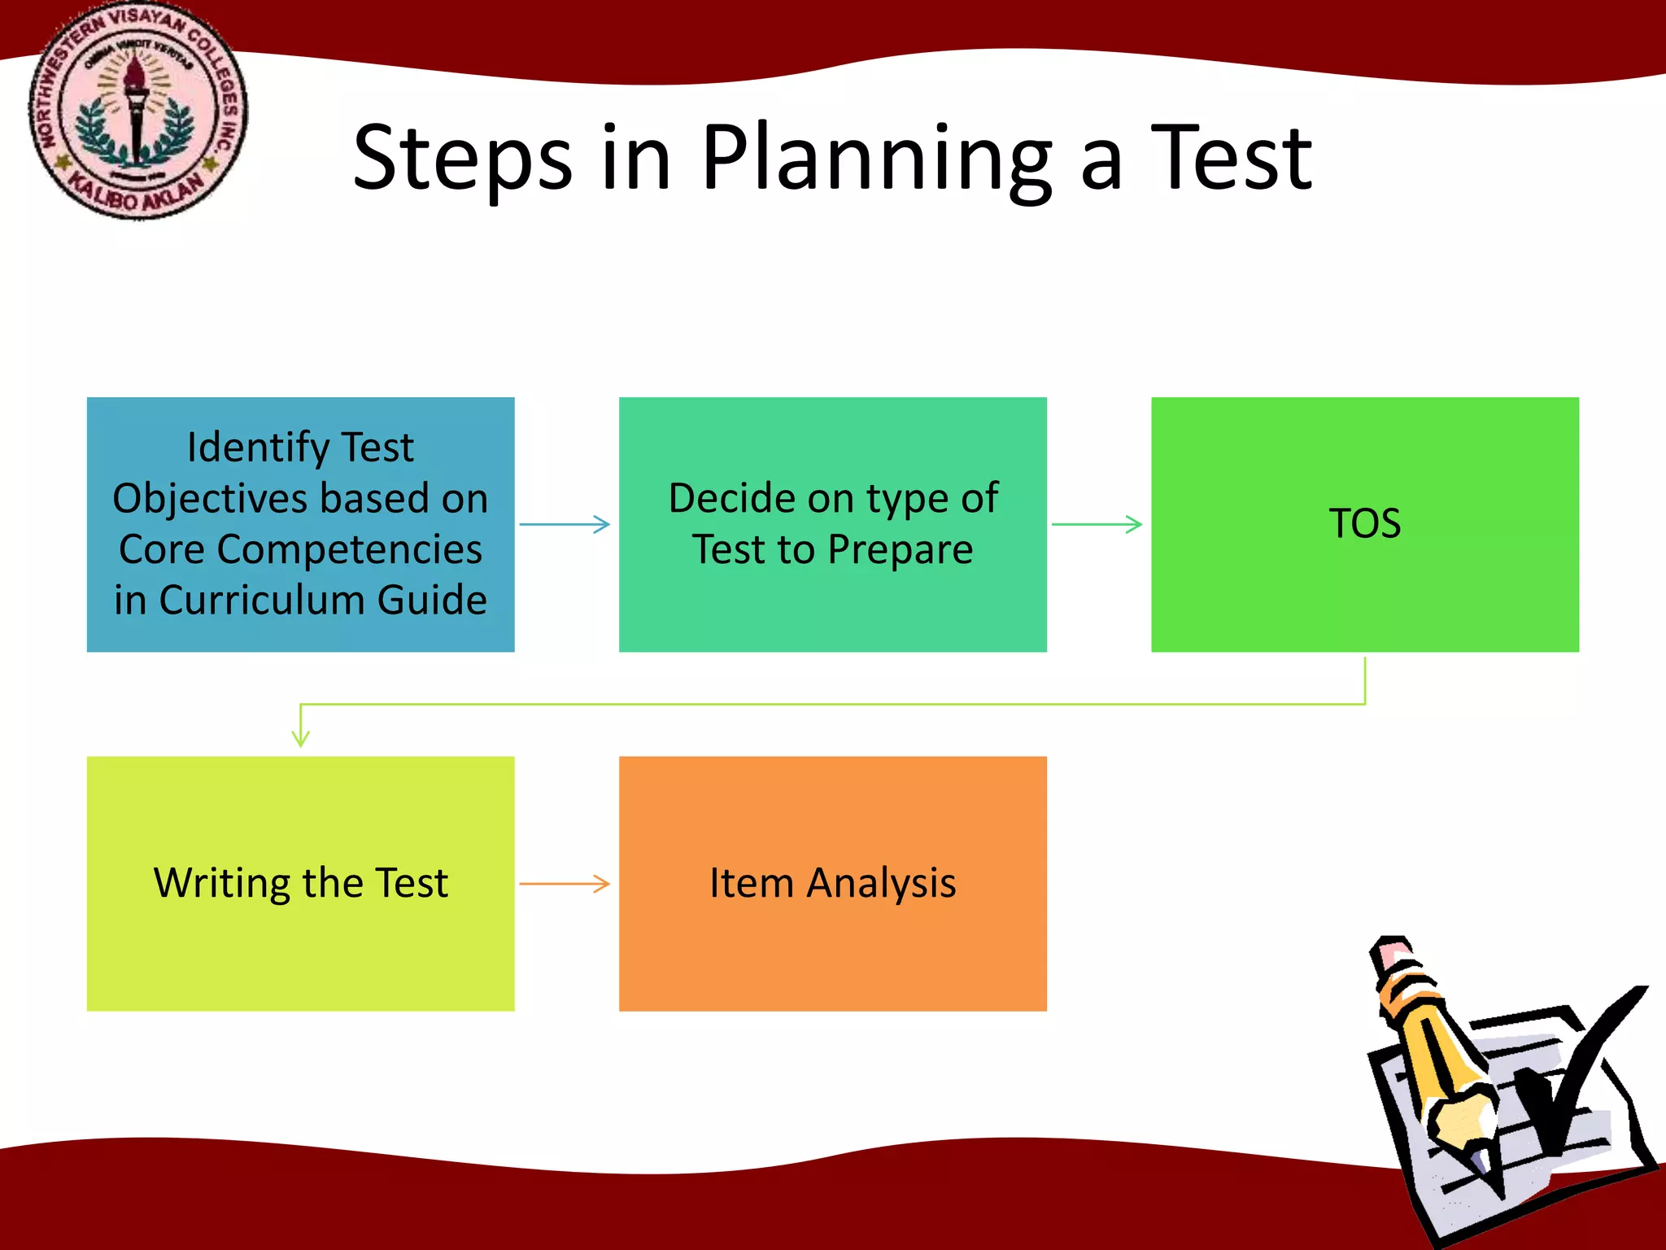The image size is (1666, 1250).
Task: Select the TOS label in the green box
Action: coord(1364,523)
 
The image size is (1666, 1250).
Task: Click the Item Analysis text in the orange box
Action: coord(832,883)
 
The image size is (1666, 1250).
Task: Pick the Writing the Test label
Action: coord(300,883)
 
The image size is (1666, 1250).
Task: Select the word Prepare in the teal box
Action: coord(901,549)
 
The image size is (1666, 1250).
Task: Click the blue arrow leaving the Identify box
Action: coord(565,524)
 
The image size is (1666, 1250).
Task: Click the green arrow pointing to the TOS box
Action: coord(1097,524)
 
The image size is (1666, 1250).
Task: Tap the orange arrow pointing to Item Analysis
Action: coord(565,883)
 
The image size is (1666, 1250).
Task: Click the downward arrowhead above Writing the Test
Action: coord(300,736)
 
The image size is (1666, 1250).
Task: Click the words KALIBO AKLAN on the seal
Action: coord(136,193)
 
